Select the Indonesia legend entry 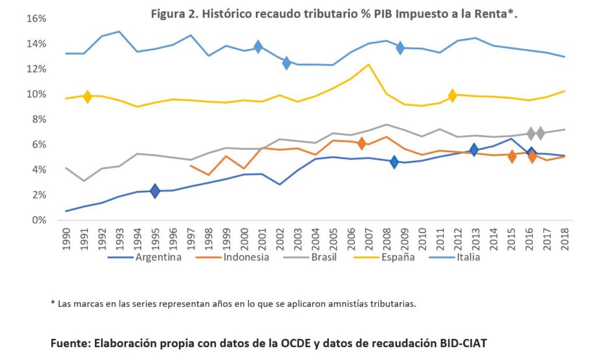247,256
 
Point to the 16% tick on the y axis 36,19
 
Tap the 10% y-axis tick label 36,94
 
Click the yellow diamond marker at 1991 87,97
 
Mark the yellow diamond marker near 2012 452,95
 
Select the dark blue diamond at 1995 154,190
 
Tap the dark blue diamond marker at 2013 474,150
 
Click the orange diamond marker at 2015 512,156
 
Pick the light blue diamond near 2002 286,63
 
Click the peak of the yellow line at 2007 368,64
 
